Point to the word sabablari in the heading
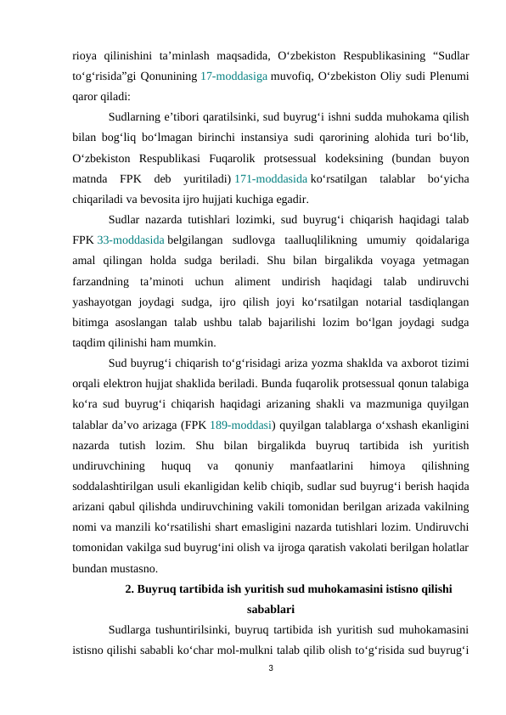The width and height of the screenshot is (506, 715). [x=270, y=608]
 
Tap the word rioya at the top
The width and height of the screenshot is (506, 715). [x=86, y=56]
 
